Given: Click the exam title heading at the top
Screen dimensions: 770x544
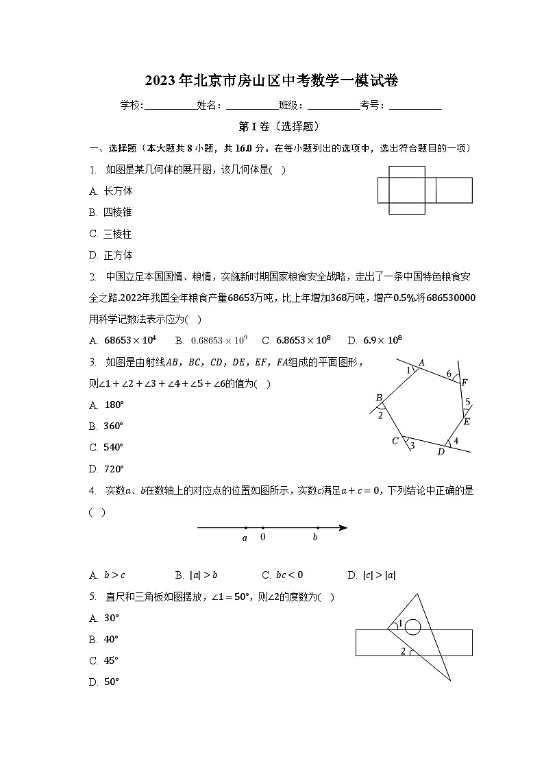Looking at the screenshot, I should (272, 81).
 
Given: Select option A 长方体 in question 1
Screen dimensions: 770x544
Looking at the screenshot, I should (111, 191).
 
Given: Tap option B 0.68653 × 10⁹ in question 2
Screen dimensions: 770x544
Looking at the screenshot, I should (212, 340).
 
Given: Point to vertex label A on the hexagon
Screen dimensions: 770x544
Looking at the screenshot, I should (421, 363).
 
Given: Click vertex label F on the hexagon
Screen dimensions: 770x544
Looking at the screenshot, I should (464, 383).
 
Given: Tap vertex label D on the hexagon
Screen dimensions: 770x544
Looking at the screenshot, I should (441, 451).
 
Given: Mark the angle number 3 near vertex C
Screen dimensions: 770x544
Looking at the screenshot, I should (412, 446).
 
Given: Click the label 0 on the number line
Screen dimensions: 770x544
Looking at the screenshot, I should (263, 538).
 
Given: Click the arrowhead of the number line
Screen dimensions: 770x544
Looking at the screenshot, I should (343, 528).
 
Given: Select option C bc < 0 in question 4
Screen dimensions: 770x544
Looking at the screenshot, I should (282, 575).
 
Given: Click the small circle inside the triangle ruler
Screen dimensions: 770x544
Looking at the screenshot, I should (412, 626).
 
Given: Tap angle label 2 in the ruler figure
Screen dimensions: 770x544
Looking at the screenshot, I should (403, 651).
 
